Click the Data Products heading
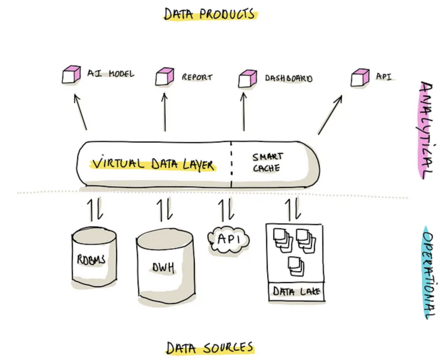[x=209, y=14]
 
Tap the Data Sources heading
[x=210, y=348]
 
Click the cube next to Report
[x=165, y=77]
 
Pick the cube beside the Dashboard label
[x=248, y=78]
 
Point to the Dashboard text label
[x=288, y=78]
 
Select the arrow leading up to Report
[x=165, y=112]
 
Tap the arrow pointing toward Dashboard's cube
[x=243, y=112]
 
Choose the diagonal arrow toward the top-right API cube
[x=330, y=115]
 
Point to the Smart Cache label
[x=267, y=162]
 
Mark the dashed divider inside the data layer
[x=231, y=164]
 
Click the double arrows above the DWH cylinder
[x=164, y=209]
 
